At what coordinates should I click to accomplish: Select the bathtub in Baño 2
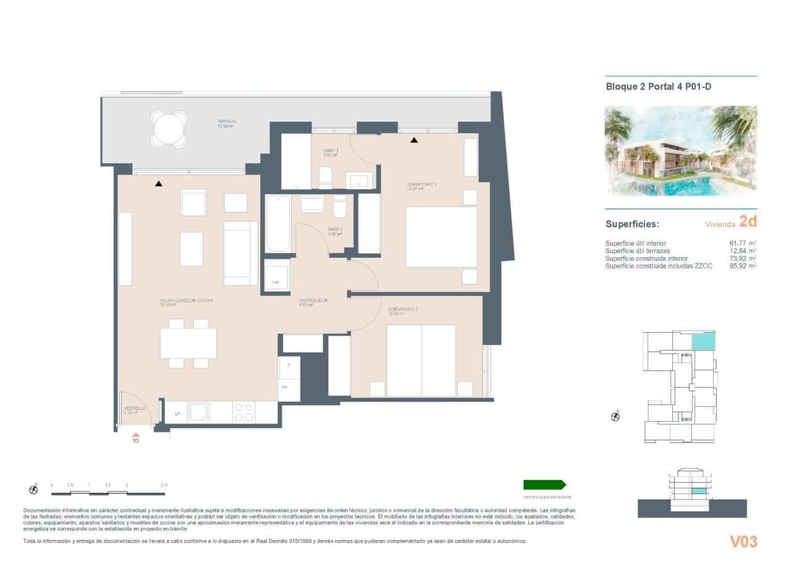278,224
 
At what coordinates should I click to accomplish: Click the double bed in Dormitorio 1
441,237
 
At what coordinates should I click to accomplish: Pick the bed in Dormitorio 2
421,360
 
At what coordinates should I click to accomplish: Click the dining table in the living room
188,343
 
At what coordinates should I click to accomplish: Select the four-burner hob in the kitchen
243,412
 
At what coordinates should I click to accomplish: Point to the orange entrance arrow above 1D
135,435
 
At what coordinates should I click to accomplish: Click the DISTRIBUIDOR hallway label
313,301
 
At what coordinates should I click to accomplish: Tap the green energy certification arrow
544,485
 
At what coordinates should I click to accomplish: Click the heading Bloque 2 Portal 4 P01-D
658,87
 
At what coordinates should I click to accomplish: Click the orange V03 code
743,542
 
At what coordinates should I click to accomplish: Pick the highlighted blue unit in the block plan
701,341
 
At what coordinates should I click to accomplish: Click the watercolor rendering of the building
680,151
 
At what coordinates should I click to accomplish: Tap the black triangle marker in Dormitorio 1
414,140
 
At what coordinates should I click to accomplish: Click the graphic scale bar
108,493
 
